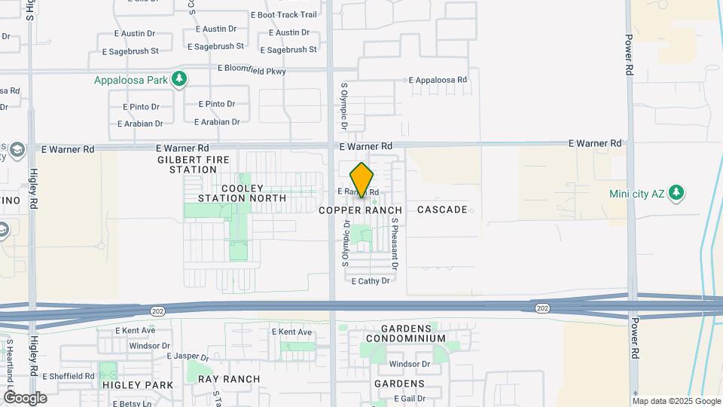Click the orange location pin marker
pyautogui.click(x=361, y=180)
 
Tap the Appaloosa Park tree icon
pyautogui.click(x=178, y=79)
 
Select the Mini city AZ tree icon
pyautogui.click(x=677, y=193)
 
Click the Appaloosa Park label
pyautogui.click(x=130, y=80)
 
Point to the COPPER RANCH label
pyautogui.click(x=360, y=210)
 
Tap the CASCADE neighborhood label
pyautogui.click(x=442, y=210)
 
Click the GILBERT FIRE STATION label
pyautogui.click(x=188, y=164)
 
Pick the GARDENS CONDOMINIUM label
pyautogui.click(x=406, y=333)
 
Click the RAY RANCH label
pyautogui.click(x=229, y=379)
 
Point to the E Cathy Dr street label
pyautogui.click(x=371, y=281)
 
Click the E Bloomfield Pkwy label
pyautogui.click(x=252, y=69)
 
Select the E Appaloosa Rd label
pyautogui.click(x=438, y=80)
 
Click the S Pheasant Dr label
pyautogui.click(x=394, y=244)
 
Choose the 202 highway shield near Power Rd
pyautogui.click(x=542, y=308)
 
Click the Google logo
pyautogui.click(x=25, y=397)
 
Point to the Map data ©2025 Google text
pyautogui.click(x=676, y=401)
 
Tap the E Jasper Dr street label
pyautogui.click(x=188, y=357)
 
